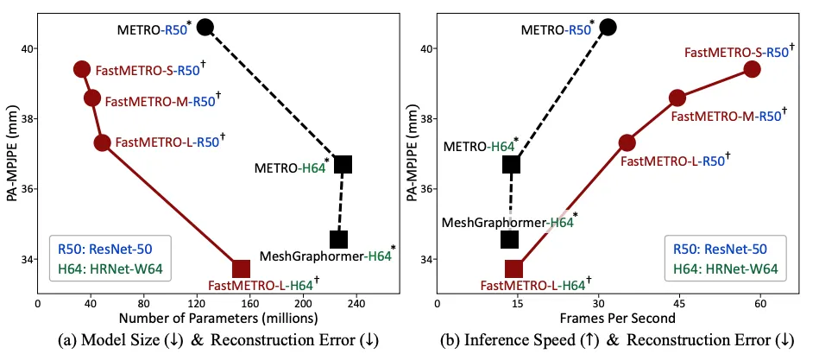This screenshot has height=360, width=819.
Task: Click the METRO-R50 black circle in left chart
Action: pos(205,28)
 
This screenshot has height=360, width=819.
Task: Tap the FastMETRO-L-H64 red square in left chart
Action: pos(241,268)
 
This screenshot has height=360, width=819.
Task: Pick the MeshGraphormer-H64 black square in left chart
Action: pos(338,239)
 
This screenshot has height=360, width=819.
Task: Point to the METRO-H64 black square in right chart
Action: pos(511,164)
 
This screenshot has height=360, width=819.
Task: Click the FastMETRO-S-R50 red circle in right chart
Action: pos(752,69)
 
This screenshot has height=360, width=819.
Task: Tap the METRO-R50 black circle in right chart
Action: pos(608,28)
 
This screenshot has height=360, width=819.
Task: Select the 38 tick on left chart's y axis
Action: pos(25,118)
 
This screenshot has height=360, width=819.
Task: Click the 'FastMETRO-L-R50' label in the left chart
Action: pos(165,142)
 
